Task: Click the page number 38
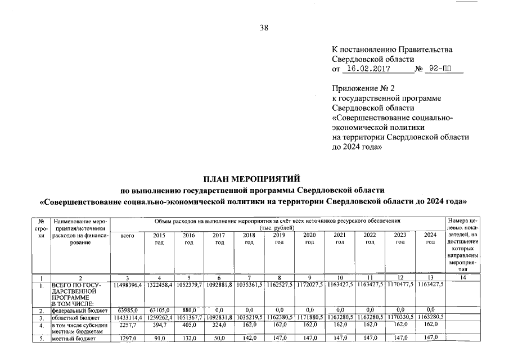(264, 28)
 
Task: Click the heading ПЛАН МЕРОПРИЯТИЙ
(254, 179)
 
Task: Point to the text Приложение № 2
(364, 88)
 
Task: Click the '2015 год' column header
(159, 238)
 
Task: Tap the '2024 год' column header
(430, 238)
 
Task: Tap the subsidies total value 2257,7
(128, 325)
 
